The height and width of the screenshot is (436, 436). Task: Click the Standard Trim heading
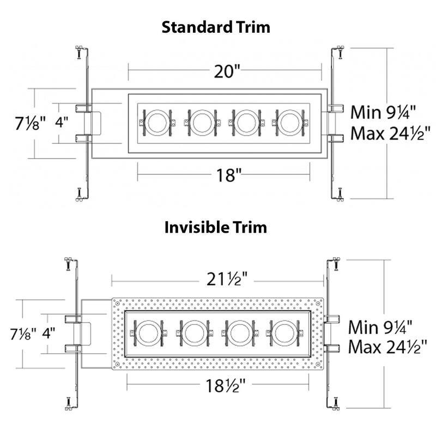pos(216,27)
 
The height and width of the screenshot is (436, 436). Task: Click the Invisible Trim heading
pos(216,227)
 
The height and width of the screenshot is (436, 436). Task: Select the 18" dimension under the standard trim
pos(226,174)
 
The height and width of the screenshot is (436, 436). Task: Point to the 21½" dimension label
pos(225,280)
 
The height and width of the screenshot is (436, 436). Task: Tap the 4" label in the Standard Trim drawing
pos(63,123)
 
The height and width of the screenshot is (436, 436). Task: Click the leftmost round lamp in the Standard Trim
pos(157,123)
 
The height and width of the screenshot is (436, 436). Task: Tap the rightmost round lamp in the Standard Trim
pos(288,123)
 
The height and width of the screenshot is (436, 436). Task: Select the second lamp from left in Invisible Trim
pos(193,332)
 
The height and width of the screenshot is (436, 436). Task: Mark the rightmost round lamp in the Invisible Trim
pos(280,332)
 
